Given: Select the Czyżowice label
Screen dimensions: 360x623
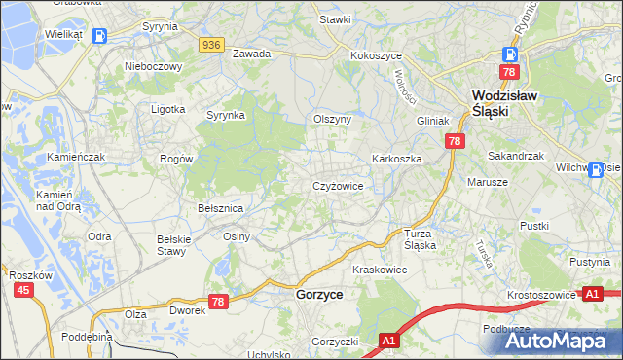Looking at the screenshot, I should coord(338,185).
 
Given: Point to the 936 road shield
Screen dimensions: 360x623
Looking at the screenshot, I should coord(212,45).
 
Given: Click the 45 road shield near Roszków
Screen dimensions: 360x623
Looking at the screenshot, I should coord(24,290).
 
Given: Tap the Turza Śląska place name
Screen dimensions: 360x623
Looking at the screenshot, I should coord(426,239).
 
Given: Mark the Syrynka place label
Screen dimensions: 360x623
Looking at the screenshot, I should coord(225,115).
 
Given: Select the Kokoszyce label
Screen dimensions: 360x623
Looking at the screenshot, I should coord(377,55).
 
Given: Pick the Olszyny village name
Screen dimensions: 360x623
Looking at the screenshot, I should coord(331,119).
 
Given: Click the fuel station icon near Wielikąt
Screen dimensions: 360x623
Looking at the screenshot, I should coord(99,36).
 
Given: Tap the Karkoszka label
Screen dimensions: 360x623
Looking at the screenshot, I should coord(395,158).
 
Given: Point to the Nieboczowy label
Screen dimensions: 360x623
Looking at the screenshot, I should coord(154,67).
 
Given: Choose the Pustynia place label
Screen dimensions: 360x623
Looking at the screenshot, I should coord(590,263).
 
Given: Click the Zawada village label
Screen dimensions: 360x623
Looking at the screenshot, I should coord(250,54).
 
